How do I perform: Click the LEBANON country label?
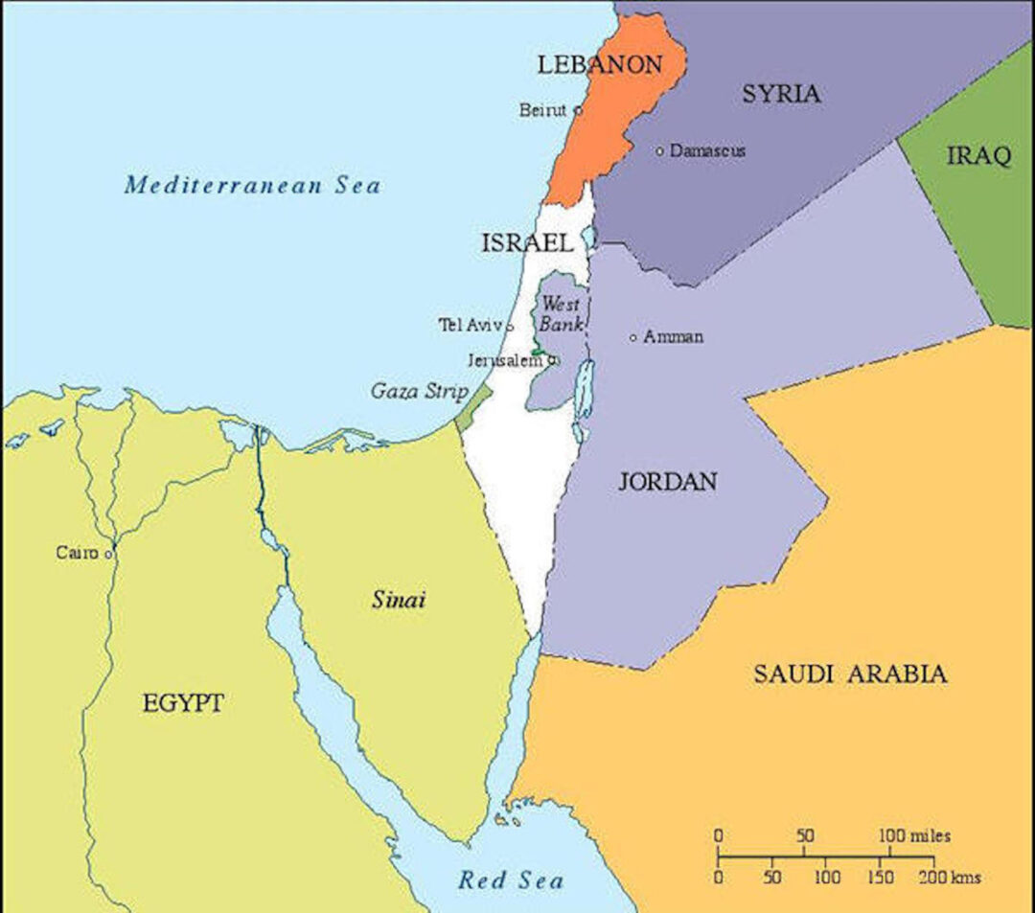[600, 65]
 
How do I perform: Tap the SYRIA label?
[781, 94]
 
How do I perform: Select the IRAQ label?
[978, 156]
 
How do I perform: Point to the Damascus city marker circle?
[660, 151]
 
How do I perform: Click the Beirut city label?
[543, 110]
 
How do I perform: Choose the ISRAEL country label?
[527, 243]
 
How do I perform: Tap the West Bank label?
[561, 314]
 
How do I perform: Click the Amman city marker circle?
[633, 337]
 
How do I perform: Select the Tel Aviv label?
[471, 326]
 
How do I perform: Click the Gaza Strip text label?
[419, 391]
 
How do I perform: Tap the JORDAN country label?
[667, 481]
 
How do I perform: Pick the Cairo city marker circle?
[109, 554]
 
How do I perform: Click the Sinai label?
[399, 601]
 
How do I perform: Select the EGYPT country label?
[183, 703]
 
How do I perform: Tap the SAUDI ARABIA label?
[850, 673]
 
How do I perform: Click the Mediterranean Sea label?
[252, 185]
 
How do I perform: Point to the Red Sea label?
[511, 880]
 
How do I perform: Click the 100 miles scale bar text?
[914, 836]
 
